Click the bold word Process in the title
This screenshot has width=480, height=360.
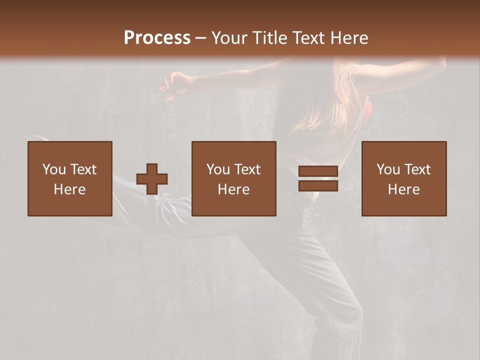157,38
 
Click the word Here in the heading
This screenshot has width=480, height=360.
349,38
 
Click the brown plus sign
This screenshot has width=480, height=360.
152,179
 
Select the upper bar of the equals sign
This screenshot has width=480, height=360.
318,171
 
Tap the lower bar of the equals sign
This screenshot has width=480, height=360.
318,186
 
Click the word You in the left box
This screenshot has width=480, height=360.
54,169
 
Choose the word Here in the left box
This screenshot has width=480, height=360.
69,189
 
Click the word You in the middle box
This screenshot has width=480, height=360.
218,169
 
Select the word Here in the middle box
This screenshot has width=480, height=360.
233,189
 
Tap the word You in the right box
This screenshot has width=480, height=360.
388,169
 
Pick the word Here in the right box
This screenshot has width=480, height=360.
403,189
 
